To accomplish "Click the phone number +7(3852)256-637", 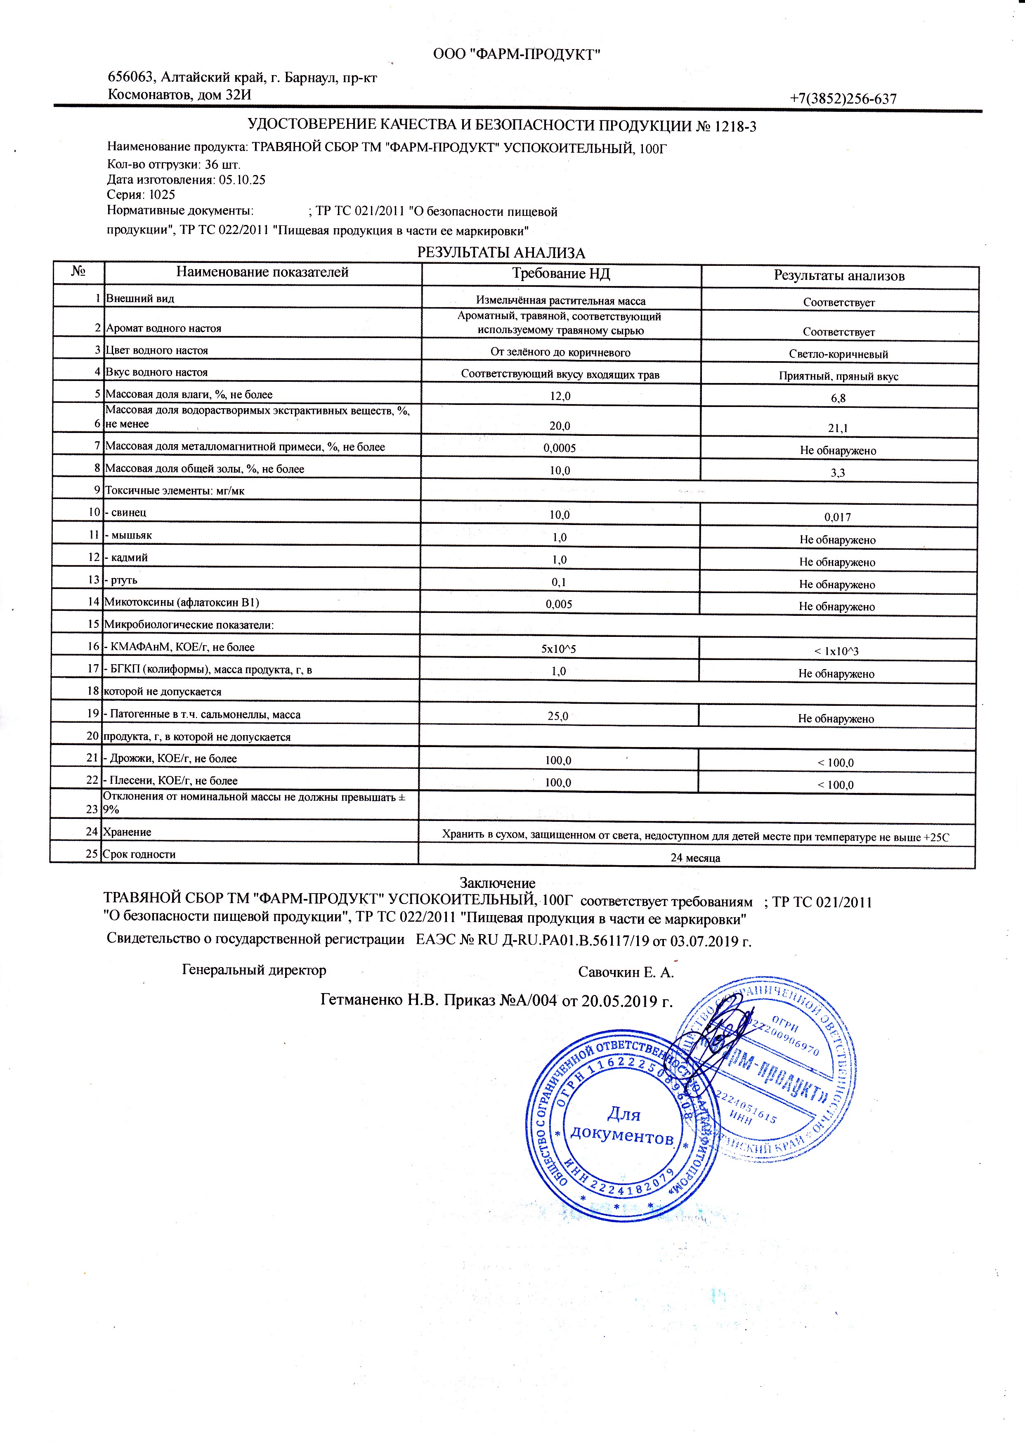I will tap(843, 99).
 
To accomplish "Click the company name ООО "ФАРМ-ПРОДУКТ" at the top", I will tap(516, 55).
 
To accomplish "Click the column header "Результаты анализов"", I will tap(839, 276).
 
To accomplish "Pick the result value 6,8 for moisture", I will tap(838, 398).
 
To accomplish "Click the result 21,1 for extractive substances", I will tap(838, 428).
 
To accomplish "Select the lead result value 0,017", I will tap(838, 517).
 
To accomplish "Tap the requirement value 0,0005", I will tap(560, 448).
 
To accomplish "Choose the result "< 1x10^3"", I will tap(836, 651).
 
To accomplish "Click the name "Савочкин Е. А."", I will tap(626, 972).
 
